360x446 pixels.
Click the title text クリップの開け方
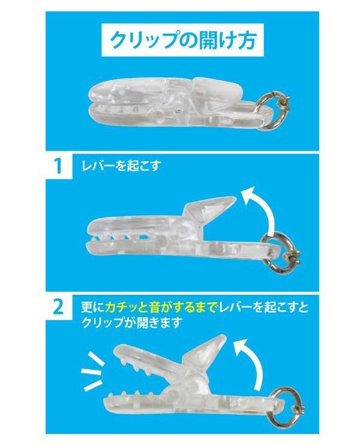pos(183,40)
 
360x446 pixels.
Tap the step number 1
pos(58,166)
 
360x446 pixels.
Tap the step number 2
pos(58,307)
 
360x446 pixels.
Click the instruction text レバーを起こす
pos(121,166)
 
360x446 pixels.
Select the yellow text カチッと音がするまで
pos(159,307)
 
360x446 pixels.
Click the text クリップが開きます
pos(131,322)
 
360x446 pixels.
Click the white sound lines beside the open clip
pos(92,371)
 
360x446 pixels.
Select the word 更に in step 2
pos(92,307)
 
